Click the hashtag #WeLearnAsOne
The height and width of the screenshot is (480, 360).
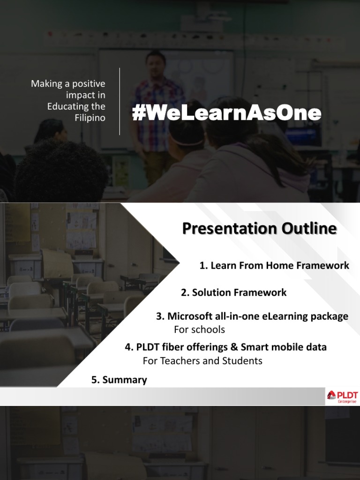[226, 113]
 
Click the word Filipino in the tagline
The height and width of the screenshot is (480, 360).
[90, 118]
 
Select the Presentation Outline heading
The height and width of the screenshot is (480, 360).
[259, 229]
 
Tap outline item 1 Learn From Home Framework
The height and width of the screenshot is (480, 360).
[274, 266]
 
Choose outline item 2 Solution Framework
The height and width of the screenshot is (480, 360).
[233, 292]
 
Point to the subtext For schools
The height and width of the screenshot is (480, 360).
[199, 330]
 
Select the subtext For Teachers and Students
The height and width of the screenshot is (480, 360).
[202, 361]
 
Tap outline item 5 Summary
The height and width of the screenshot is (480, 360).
[119, 380]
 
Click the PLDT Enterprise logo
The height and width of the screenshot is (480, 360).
[341, 397]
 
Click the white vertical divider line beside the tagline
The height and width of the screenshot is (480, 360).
[120, 101]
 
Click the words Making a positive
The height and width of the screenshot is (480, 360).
[68, 84]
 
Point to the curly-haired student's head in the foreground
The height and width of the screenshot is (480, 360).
[61, 169]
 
